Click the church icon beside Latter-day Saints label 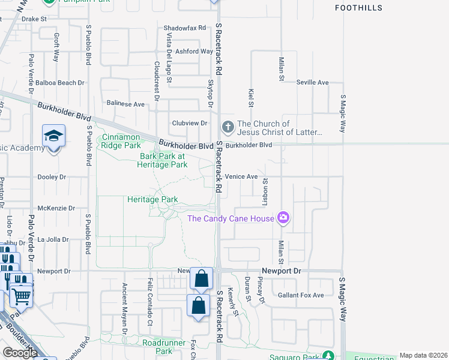tap(228, 127)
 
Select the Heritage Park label tap(152, 199)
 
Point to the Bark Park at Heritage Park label tap(163, 160)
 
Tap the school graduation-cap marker tap(53, 136)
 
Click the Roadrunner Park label tap(157, 346)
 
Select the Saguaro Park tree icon tap(328, 355)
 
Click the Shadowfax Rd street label tap(185, 28)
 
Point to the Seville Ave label tap(312, 82)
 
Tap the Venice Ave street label tap(241, 176)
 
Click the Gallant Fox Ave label tap(301, 295)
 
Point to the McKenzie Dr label tap(56, 208)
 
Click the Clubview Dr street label tap(189, 123)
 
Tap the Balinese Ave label tap(125, 104)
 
